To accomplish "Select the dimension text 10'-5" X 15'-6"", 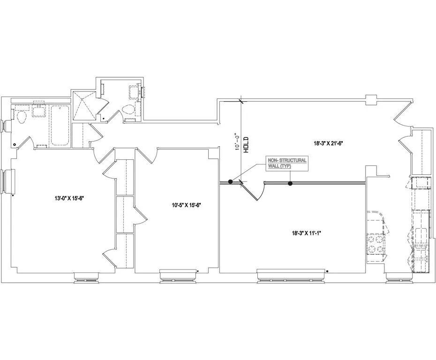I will point(187,204).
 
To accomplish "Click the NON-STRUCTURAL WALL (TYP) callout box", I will point(287,163).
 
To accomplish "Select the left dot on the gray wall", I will point(230,182).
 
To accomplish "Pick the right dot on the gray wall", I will point(290,184).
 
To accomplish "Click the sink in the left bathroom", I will point(38,111).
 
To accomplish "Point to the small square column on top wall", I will point(371,99).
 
